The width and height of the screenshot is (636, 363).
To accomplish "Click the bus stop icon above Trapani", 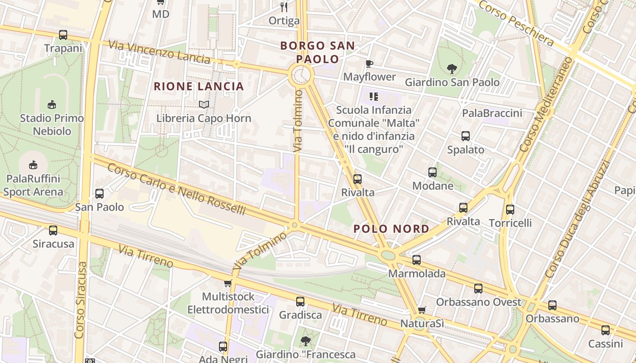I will tap(63, 34).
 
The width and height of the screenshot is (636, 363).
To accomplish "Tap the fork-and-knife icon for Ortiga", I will tap(284, 7).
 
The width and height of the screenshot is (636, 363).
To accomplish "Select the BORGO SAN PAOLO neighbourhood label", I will tap(317, 52).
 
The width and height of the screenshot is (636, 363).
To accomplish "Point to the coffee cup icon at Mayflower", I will tap(369, 64).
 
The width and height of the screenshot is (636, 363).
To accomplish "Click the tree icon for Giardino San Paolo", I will tap(452, 69).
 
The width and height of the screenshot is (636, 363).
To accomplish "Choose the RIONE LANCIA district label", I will tap(199, 86).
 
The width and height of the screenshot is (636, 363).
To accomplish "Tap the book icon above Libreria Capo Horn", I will tap(204, 105).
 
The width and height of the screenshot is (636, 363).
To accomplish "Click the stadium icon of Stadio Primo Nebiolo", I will tap(52, 105).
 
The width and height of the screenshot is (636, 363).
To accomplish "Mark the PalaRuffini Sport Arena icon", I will tap(33, 165).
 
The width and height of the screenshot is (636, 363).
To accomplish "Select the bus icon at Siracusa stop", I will tap(53, 230).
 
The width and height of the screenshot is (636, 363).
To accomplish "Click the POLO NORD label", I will tap(391, 229).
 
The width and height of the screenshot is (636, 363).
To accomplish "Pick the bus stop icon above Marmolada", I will tap(417, 260).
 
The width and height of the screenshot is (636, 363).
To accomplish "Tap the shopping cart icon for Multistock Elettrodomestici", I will tap(228, 284).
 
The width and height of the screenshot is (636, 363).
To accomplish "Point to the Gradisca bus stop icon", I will tap(300, 301).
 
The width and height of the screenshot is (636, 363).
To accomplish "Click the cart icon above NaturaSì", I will tap(422, 310).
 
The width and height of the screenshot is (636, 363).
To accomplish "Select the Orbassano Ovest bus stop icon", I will tap(478, 288).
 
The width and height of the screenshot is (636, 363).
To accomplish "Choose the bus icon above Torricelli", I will tap(510, 209).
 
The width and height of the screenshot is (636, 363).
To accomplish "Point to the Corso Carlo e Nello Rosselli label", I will tap(177, 189).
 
